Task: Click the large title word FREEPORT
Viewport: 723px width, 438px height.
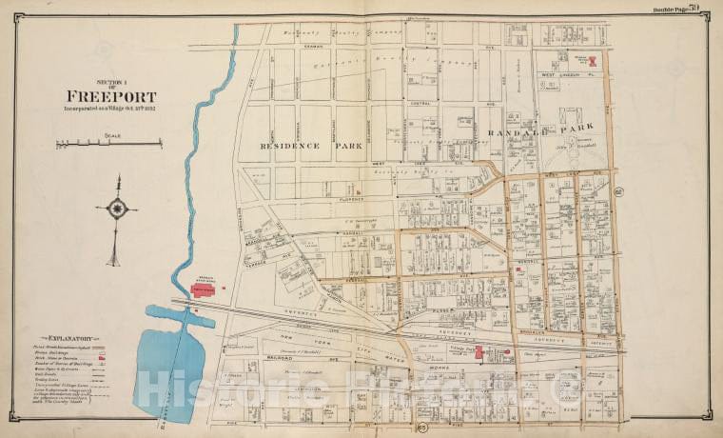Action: pos(111,96)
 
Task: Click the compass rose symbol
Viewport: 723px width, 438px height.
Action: pos(116,209)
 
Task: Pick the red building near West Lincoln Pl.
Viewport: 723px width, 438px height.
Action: pos(591,59)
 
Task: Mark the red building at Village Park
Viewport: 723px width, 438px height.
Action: pos(480,353)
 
